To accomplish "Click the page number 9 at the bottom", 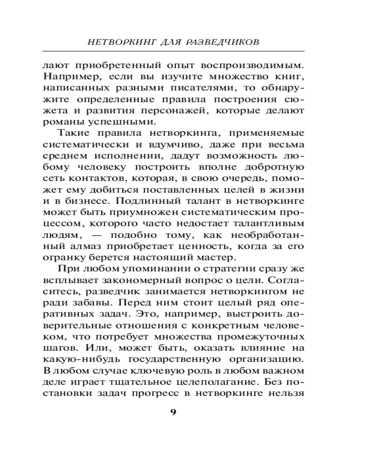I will (173, 413).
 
